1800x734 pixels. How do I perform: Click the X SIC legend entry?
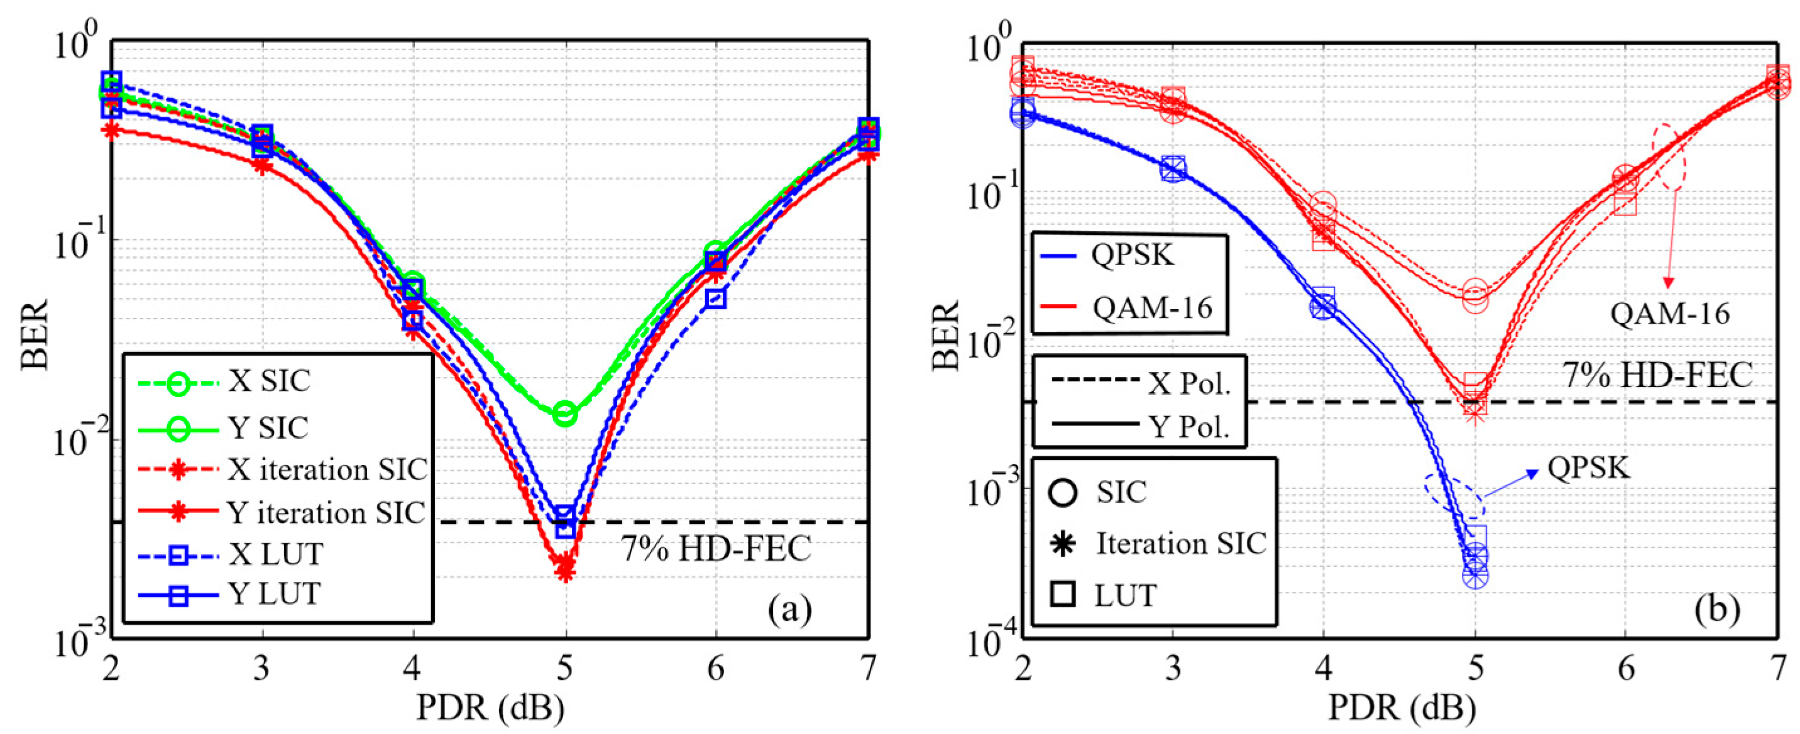click(269, 382)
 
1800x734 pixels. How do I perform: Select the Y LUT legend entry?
click(274, 595)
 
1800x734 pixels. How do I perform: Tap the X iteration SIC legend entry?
click(326, 470)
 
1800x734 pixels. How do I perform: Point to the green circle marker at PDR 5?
click(564, 414)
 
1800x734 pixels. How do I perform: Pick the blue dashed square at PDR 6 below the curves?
click(715, 300)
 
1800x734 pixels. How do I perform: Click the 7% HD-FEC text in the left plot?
click(716, 549)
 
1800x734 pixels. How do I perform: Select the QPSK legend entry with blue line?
click(1132, 255)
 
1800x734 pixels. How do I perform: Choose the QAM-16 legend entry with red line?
click(1151, 307)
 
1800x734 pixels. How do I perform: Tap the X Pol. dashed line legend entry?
click(1188, 383)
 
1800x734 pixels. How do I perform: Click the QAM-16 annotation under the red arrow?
click(1670, 314)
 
